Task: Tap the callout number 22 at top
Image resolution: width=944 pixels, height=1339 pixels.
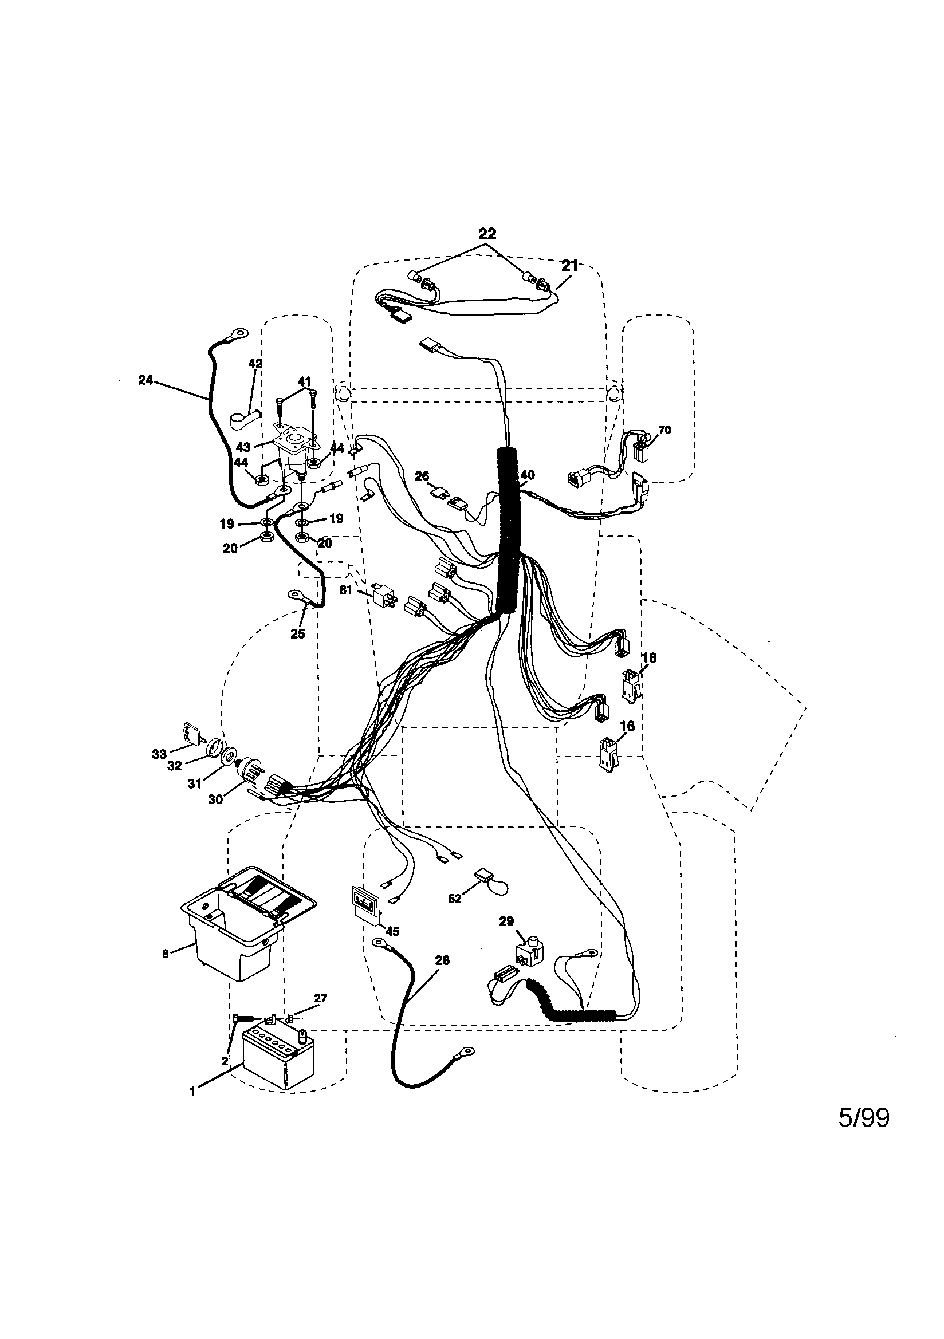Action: click(x=486, y=234)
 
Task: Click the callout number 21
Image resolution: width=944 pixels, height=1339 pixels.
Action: click(x=569, y=266)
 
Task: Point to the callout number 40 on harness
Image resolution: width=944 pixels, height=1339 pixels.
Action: click(x=527, y=475)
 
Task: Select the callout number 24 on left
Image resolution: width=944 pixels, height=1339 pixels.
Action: click(x=145, y=380)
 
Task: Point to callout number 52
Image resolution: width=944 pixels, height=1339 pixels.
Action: click(x=454, y=899)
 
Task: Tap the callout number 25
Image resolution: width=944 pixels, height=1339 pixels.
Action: click(x=297, y=634)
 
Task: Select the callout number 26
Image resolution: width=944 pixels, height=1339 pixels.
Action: click(x=422, y=476)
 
